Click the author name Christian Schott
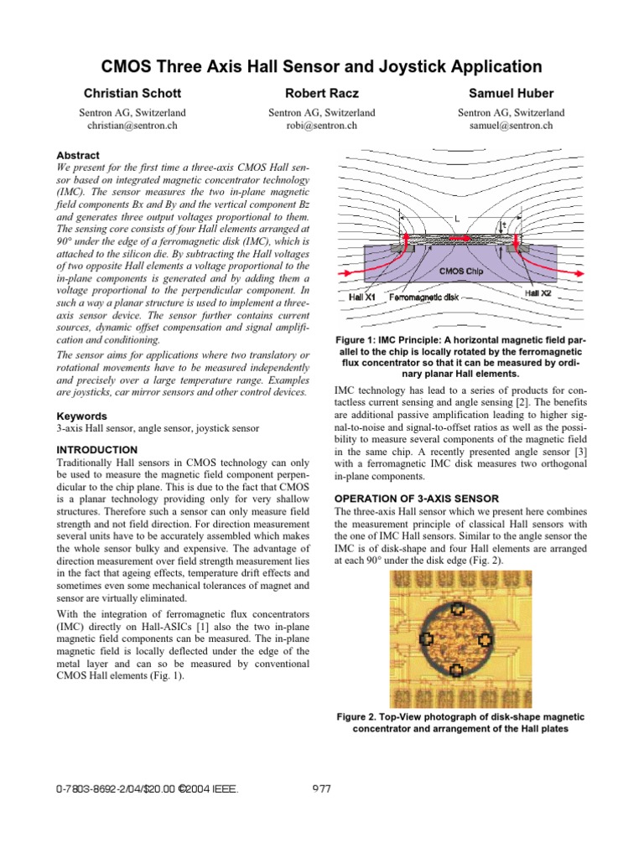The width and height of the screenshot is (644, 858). click(x=132, y=93)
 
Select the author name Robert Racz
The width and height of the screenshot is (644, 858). click(x=321, y=93)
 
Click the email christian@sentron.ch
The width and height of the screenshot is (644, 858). click(x=132, y=125)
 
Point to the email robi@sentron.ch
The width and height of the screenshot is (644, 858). click(x=321, y=125)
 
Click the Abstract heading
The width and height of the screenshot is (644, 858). click(x=77, y=156)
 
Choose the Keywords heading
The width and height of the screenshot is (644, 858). click(x=81, y=416)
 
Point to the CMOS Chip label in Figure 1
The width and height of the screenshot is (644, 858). click(x=461, y=271)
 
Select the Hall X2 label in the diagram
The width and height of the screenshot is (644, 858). click(x=538, y=294)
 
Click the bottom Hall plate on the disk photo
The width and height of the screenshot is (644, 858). click(x=456, y=669)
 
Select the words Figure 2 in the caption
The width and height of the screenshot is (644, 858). click(x=359, y=717)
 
